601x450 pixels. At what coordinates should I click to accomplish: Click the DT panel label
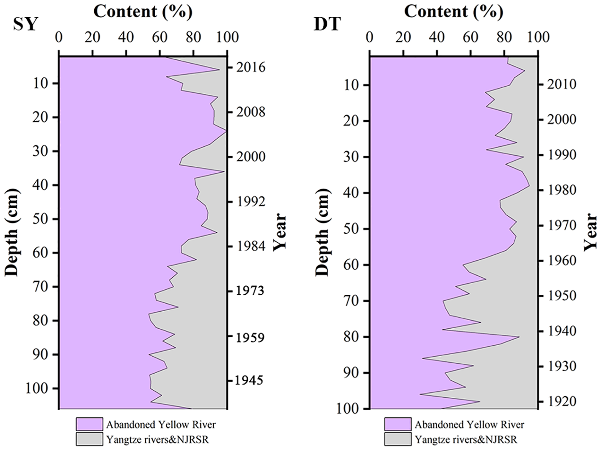[x=327, y=24]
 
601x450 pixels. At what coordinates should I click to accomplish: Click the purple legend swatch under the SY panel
[x=89, y=424]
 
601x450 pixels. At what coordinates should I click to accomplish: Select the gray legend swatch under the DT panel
[x=398, y=439]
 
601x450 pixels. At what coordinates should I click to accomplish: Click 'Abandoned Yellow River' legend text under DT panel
[x=469, y=425]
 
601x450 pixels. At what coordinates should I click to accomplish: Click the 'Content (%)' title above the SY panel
[x=143, y=11]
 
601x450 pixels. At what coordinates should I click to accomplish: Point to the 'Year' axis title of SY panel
[x=280, y=232]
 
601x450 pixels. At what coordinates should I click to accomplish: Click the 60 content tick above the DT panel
[x=470, y=37]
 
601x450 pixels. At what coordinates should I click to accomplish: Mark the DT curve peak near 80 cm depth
[x=519, y=337]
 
